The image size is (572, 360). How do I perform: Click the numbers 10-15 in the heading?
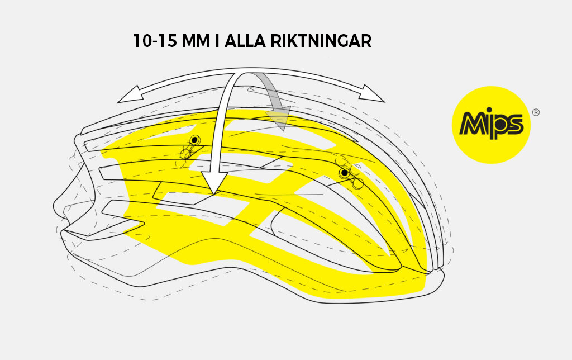click(155, 41)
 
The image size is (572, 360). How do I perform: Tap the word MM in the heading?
click(196, 41)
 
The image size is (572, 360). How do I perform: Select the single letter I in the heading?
click(217, 41)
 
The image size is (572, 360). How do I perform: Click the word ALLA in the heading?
click(245, 41)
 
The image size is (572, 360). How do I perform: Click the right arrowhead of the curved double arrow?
click(371, 93)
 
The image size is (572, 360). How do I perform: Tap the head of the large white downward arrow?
click(214, 182)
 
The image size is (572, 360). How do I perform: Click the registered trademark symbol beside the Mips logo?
click(536, 112)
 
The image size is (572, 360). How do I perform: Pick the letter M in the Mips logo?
click(473, 124)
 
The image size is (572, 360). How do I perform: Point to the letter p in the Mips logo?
click(500, 126)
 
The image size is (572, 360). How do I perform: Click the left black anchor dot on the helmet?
click(195, 140)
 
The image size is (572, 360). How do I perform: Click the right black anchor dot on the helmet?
click(344, 173)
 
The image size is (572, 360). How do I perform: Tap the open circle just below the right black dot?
click(358, 184)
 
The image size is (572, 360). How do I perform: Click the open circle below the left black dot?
click(185, 155)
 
